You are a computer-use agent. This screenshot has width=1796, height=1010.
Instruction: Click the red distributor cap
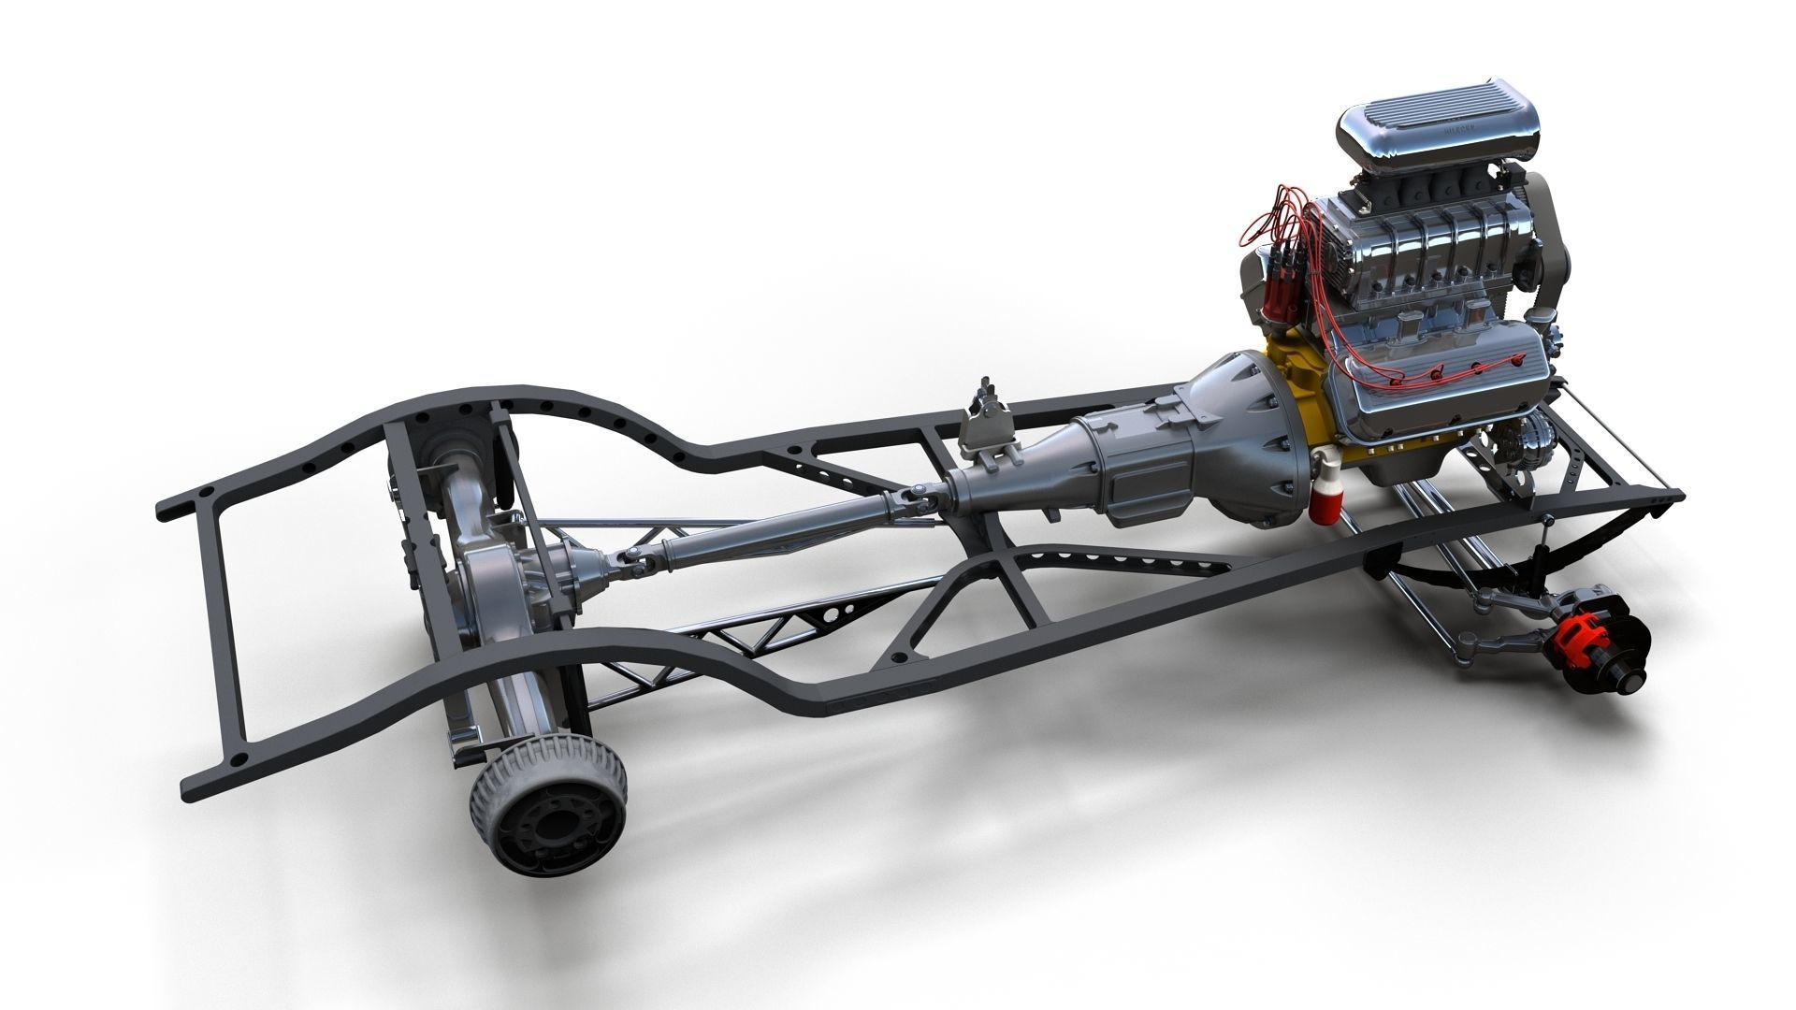1275,281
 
